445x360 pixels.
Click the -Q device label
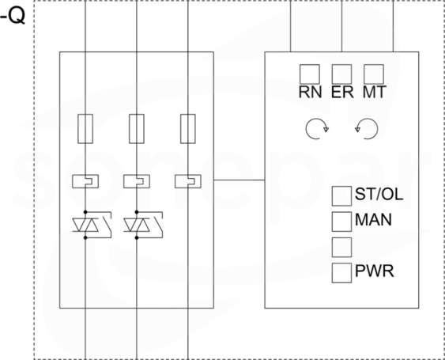(13, 17)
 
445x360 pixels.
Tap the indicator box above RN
(310, 74)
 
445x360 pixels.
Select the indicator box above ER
(341, 74)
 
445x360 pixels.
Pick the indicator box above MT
(374, 74)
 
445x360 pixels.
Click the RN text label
(310, 92)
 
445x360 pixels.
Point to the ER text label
(342, 92)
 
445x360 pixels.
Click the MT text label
(375, 92)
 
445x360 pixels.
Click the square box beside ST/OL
(341, 196)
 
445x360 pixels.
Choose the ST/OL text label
(379, 195)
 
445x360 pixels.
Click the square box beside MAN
(341, 222)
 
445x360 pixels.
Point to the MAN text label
(373, 220)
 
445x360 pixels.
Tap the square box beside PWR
(341, 273)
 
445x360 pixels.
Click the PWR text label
(375, 271)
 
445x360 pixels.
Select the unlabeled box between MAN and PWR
(341, 247)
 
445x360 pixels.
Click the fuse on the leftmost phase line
(85, 129)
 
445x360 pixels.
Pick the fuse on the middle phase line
(137, 129)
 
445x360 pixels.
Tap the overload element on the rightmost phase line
(188, 181)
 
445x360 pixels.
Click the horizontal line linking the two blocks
(239, 180)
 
